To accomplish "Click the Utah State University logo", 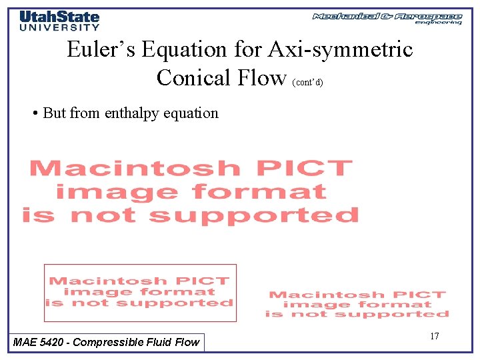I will click(x=59, y=21).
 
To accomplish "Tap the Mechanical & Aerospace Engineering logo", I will click(x=387, y=18).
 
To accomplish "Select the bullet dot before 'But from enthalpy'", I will click(x=34, y=113).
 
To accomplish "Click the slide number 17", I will click(x=434, y=336).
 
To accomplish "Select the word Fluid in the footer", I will click(x=154, y=342).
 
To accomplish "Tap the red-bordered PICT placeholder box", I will click(x=140, y=293).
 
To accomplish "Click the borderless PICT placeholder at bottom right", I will click(x=357, y=304).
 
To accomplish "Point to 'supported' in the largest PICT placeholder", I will click(x=253, y=215).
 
